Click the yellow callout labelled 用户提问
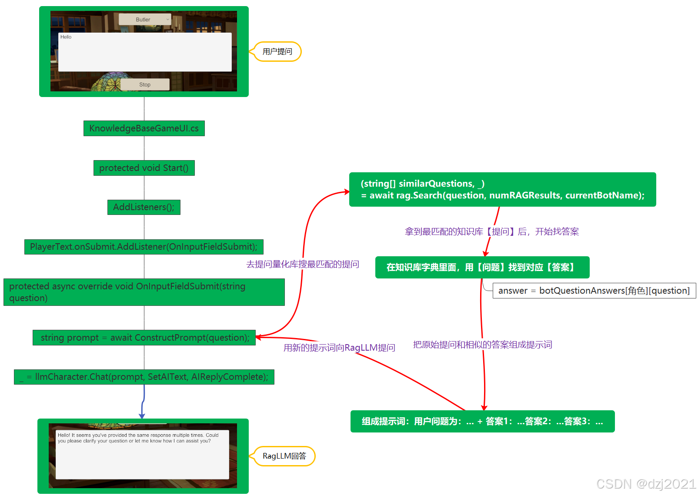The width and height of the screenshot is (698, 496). pos(277,52)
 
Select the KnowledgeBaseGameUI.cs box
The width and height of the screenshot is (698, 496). pos(144,128)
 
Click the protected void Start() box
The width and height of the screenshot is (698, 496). pos(144,168)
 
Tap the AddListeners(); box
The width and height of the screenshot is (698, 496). pos(144,207)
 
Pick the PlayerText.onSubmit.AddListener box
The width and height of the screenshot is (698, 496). pos(144,247)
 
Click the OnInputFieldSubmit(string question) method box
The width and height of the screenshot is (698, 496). pos(144,292)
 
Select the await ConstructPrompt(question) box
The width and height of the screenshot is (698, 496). pos(144,338)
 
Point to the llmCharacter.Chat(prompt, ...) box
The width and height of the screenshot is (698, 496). pos(144,377)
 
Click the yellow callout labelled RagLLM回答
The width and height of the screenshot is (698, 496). pos(284,456)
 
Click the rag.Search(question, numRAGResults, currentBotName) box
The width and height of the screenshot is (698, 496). pos(502,190)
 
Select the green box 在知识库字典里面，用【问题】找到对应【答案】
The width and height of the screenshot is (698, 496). pos(482,267)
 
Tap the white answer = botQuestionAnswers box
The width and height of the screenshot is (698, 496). pos(594,291)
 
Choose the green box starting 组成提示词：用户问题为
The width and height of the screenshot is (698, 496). pos(482,421)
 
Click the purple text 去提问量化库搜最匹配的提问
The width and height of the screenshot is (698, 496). pos(303,264)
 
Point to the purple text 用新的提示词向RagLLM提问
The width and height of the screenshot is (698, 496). pos(339,348)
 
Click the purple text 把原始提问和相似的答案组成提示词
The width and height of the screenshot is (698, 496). pos(482,345)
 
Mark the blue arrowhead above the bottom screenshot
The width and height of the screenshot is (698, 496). pos(142,416)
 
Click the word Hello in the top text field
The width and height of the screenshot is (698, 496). pos(66,37)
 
